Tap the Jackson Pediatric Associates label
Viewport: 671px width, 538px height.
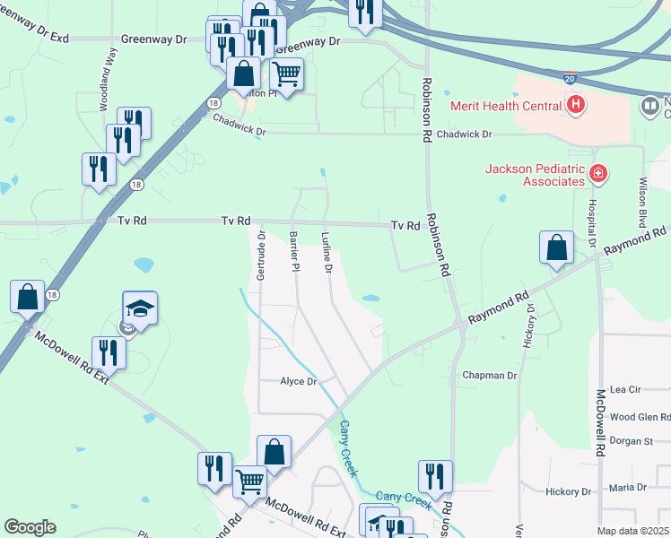pyautogui.click(x=535, y=175)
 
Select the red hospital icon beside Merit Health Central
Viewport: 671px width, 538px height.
pyautogui.click(x=578, y=106)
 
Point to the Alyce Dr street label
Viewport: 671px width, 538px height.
pyautogui.click(x=300, y=381)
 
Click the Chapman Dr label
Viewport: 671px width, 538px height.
pyautogui.click(x=489, y=375)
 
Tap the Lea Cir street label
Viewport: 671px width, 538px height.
pyautogui.click(x=625, y=390)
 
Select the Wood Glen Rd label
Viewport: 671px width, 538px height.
pyautogui.click(x=640, y=417)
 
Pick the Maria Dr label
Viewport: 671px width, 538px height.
pyautogui.click(x=628, y=487)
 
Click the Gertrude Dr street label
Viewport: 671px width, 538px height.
pyautogui.click(x=261, y=256)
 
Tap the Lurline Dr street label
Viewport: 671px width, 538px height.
pyautogui.click(x=327, y=254)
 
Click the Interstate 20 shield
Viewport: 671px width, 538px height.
pyautogui.click(x=571, y=80)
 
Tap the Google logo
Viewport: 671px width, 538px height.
pyautogui.click(x=30, y=527)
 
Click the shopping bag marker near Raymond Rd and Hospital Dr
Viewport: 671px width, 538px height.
pyautogui.click(x=557, y=248)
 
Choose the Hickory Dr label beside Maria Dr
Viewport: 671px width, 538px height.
pyautogui.click(x=568, y=491)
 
